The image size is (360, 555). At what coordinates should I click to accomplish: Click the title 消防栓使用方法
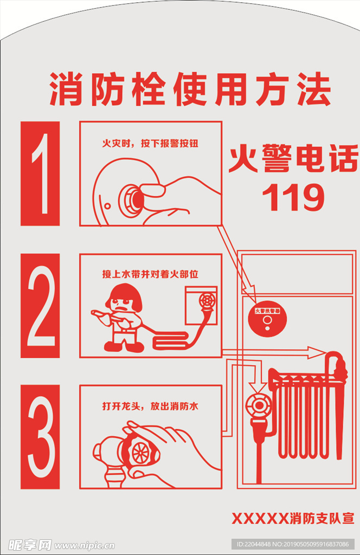tap(190, 89)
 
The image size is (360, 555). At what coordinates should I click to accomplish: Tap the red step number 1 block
tap(40, 173)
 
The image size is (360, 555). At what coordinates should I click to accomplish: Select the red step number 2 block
tap(40, 306)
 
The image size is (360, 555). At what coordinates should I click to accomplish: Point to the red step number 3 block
tap(40, 437)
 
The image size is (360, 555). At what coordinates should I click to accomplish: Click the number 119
tap(293, 198)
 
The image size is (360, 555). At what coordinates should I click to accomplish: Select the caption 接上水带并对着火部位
tap(150, 274)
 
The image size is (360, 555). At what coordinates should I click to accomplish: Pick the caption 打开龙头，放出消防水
tap(150, 406)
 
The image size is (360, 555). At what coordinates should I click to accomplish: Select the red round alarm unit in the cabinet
tap(266, 320)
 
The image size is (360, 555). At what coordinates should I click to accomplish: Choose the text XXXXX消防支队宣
tap(293, 518)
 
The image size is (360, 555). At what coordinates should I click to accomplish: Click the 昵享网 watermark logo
tap(30, 544)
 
